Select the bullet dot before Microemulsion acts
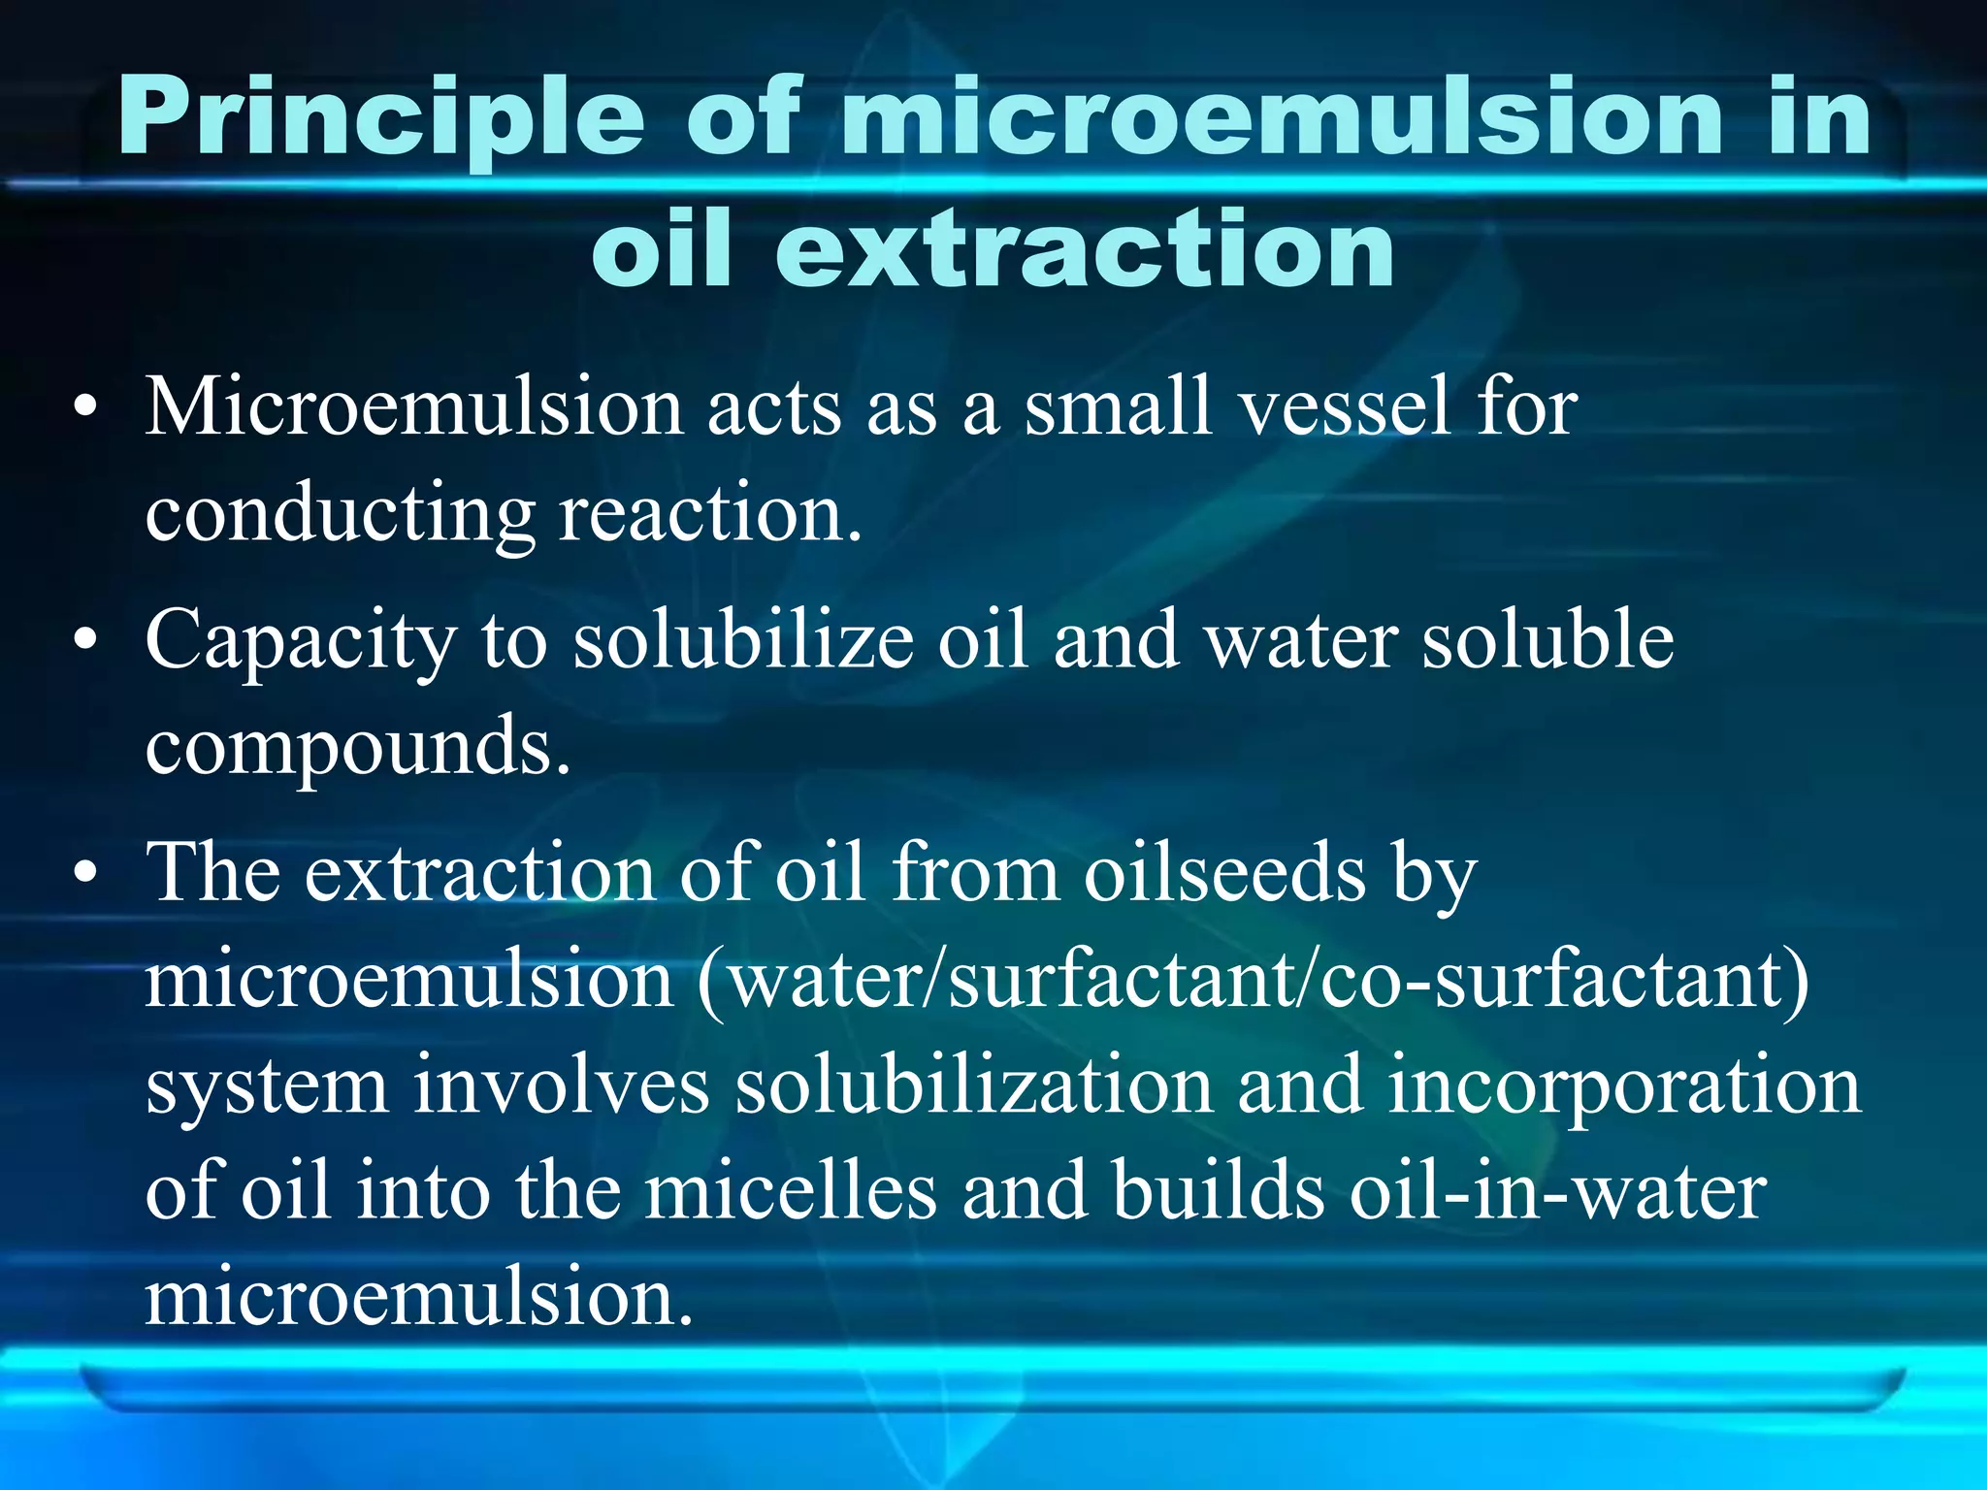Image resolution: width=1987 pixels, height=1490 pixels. click(86, 407)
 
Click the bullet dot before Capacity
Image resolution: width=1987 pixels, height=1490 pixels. click(86, 640)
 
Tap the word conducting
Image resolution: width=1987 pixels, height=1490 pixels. click(340, 514)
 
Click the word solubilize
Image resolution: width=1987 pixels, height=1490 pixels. click(743, 640)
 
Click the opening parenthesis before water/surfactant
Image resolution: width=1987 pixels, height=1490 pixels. click(711, 982)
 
